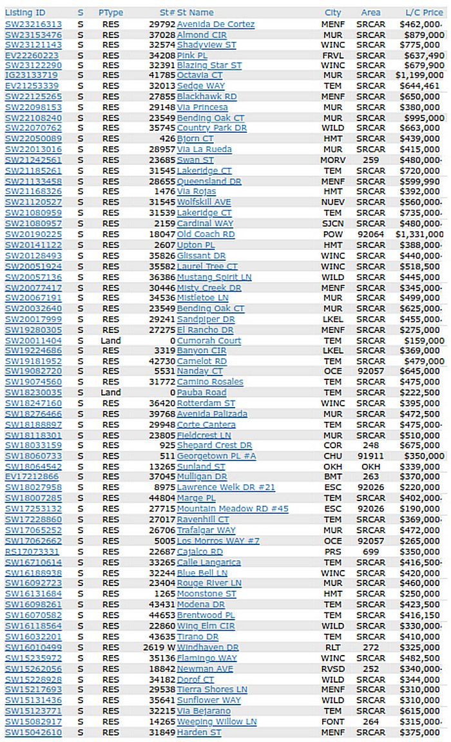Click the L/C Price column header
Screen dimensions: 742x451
[x=424, y=12]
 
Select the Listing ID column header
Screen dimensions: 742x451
[x=25, y=12]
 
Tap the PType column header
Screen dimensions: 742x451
[x=111, y=12]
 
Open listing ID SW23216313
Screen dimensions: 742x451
[x=34, y=24]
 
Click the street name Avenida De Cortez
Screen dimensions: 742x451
[x=216, y=24]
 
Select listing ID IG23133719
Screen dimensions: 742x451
[x=34, y=75]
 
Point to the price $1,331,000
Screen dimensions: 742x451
[x=419, y=234]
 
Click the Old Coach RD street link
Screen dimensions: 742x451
[x=206, y=234]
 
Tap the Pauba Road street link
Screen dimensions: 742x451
[x=202, y=392]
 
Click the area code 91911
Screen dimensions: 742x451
[x=370, y=455]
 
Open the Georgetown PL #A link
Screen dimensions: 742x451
[x=216, y=455]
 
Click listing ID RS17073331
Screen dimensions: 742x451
[x=32, y=551]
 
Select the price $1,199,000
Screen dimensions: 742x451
[x=419, y=75]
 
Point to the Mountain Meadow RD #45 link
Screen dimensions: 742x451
[x=233, y=509]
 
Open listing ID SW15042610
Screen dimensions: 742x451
[x=34, y=732]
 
